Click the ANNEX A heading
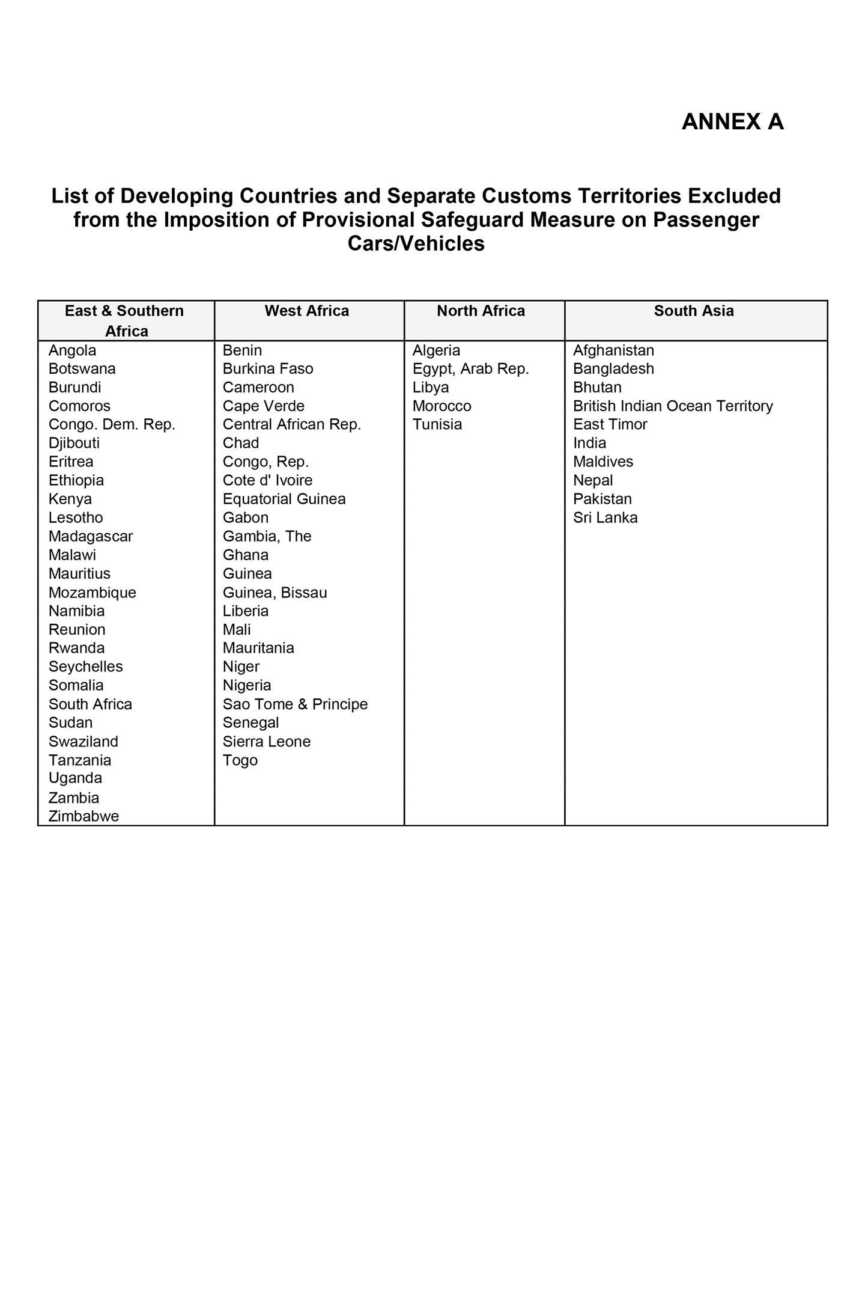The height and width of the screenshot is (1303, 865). point(732,122)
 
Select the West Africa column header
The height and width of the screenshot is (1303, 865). point(306,311)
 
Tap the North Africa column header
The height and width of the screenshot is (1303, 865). point(481,311)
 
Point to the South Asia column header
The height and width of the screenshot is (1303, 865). point(693,311)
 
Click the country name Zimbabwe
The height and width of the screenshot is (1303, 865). point(83,816)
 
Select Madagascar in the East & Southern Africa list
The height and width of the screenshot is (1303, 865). point(91,536)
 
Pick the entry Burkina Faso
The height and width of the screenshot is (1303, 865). point(268,368)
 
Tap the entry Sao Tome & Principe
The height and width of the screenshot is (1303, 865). point(295,704)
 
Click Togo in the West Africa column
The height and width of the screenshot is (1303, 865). point(240,760)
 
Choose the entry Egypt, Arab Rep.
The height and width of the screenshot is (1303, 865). point(470,368)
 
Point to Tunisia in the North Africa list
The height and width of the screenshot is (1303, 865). point(437,424)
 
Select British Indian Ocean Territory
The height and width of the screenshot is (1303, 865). point(673,406)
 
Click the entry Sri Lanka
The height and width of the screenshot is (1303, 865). point(605,517)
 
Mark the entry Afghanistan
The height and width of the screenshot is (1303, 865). point(613,350)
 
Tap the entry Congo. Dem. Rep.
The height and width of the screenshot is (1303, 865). point(112,424)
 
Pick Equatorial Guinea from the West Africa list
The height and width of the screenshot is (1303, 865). point(284,499)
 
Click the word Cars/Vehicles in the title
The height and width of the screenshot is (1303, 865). point(416,243)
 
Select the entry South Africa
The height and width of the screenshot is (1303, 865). point(90,704)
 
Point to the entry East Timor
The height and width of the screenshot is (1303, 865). point(610,424)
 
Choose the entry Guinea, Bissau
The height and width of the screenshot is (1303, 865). point(275,593)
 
